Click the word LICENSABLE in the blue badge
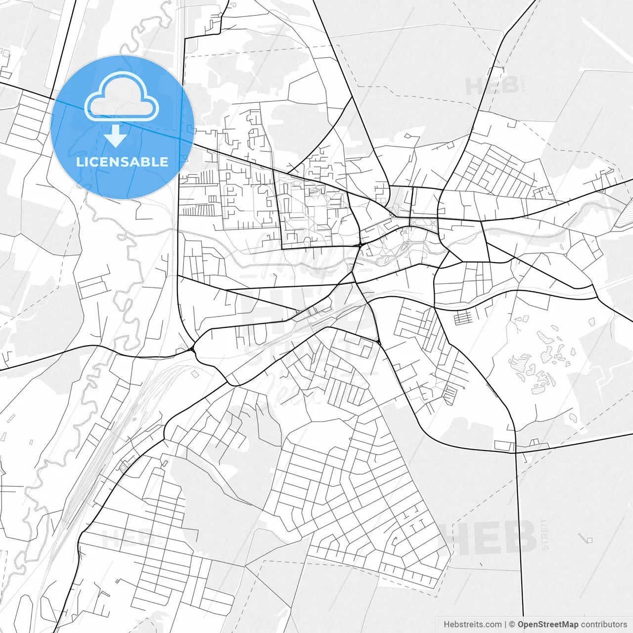(x=122, y=162)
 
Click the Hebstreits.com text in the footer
(x=472, y=625)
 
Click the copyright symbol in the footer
(x=512, y=625)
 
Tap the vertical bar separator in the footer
(x=505, y=625)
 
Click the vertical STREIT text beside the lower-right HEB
(x=545, y=535)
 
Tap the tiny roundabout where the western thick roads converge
(x=192, y=349)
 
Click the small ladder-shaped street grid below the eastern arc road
(x=463, y=317)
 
